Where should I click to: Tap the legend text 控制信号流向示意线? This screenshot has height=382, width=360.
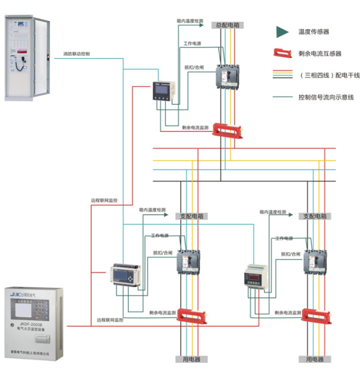coord(326,96)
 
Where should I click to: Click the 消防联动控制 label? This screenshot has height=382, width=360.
coord(76,54)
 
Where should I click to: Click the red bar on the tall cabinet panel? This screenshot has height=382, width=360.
coord(21,51)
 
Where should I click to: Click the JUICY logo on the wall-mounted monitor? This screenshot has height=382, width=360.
coord(17,296)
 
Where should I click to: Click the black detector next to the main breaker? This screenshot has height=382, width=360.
coord(164,90)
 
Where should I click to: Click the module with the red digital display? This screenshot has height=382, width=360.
coord(255,277)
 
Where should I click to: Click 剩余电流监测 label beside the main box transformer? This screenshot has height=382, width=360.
coord(195,127)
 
